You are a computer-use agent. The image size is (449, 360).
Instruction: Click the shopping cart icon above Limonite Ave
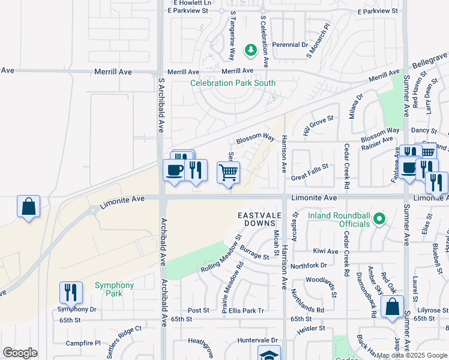(x=228, y=173)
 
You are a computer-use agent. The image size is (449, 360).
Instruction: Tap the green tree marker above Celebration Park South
(x=250, y=51)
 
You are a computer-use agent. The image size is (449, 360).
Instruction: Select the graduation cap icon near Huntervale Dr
(x=269, y=354)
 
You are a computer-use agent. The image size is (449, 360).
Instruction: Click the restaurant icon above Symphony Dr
(x=71, y=292)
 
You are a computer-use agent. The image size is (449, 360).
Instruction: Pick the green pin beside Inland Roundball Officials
(x=378, y=219)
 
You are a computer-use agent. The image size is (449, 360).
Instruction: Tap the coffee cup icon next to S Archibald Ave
(x=174, y=170)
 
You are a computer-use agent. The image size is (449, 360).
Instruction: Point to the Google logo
(x=20, y=353)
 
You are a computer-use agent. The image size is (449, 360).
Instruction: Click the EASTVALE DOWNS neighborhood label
(x=259, y=219)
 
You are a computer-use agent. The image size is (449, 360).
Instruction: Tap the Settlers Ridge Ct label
(x=121, y=331)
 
